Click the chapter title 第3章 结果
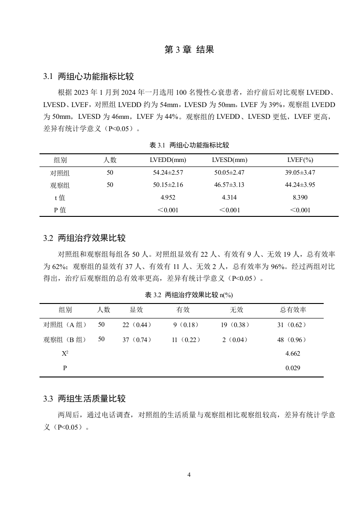(189, 50)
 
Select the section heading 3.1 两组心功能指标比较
(89, 76)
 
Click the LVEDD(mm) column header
(168, 160)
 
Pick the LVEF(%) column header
(300, 160)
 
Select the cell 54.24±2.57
(168, 173)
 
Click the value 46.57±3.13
(229, 185)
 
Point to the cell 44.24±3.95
(300, 185)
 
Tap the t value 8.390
(300, 198)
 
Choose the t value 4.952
(168, 198)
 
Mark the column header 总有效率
(293, 310)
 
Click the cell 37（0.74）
(137, 340)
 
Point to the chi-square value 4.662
(293, 353)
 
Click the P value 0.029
(293, 368)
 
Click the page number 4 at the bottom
(189, 475)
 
